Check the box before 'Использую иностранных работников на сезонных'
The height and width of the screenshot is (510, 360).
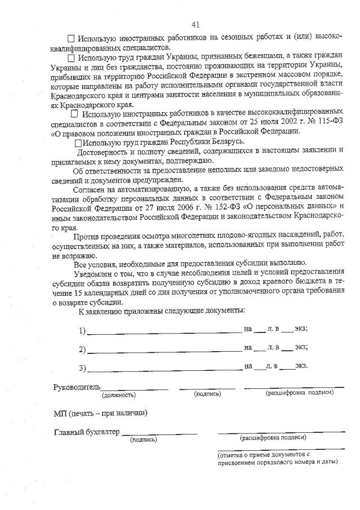71,39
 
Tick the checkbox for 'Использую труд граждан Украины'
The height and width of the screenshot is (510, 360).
71,57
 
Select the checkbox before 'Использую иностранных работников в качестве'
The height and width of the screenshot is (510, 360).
74,113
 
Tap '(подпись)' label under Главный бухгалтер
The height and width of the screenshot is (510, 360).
143,440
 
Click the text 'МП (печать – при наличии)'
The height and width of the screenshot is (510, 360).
100,413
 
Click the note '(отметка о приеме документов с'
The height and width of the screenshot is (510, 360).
264,454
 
